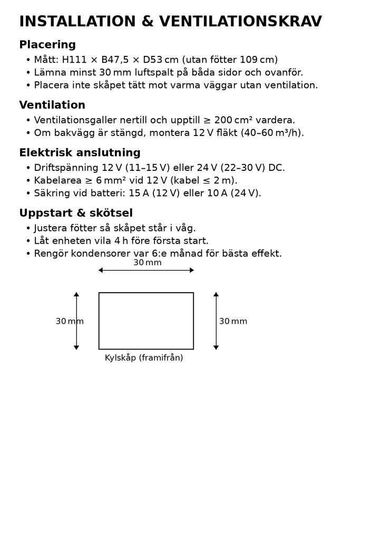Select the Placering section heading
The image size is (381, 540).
click(x=47, y=45)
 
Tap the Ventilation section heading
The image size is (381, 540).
click(x=52, y=105)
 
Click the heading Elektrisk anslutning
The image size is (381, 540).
click(x=80, y=153)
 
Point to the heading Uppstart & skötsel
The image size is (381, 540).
click(x=76, y=213)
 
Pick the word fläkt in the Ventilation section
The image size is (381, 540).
click(x=223, y=133)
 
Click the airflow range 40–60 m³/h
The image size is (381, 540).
click(x=271, y=133)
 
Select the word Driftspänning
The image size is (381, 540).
click(x=66, y=168)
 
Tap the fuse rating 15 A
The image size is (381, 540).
click(x=139, y=193)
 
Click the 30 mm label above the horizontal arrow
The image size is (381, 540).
click(x=147, y=263)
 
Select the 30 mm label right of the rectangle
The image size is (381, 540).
click(x=233, y=321)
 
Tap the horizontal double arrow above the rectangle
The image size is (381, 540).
click(x=146, y=270)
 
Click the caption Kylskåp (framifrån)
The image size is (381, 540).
click(x=144, y=358)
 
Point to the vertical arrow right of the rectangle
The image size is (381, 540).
click(x=216, y=321)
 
